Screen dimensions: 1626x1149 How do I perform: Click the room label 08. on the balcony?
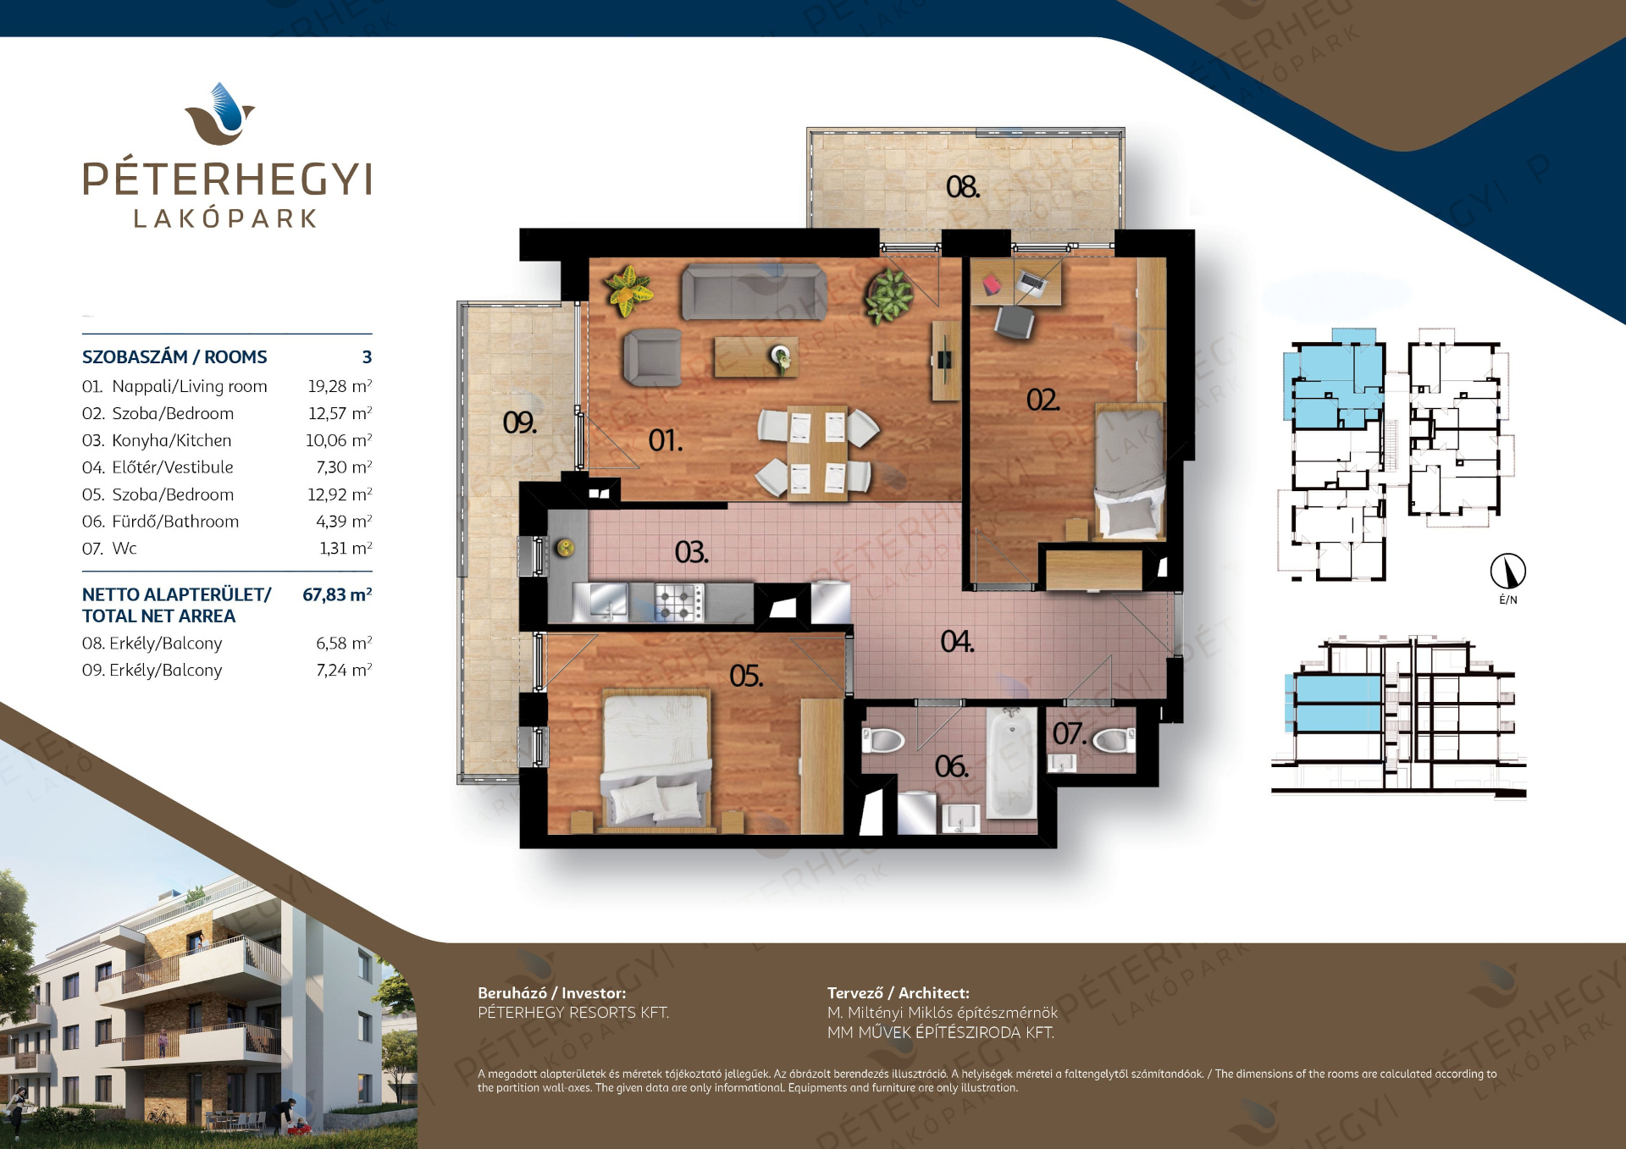[x=963, y=187]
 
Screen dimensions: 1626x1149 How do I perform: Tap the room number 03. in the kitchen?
[x=691, y=553]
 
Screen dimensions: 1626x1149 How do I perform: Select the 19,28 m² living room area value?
[x=340, y=386]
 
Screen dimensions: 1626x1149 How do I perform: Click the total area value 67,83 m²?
[x=337, y=594]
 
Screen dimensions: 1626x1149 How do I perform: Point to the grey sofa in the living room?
[x=754, y=292]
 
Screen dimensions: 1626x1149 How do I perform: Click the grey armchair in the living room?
[x=653, y=358]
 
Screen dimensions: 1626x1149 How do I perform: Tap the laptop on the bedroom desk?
[x=1031, y=283]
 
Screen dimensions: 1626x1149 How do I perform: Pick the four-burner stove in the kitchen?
[x=679, y=602]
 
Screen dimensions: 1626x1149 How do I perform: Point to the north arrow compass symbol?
[x=1508, y=572]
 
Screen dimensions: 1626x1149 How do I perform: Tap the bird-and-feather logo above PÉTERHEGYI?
[x=220, y=113]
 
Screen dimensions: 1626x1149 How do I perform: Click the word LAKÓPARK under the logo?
[x=225, y=218]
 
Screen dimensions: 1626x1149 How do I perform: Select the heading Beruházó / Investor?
[x=552, y=992]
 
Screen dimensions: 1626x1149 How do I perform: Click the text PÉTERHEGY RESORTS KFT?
[x=573, y=1013]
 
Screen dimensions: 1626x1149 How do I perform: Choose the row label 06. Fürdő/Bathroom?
[x=160, y=522]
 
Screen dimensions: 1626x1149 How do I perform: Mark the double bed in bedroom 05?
[x=656, y=759]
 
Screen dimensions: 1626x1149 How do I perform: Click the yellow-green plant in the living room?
[x=629, y=290]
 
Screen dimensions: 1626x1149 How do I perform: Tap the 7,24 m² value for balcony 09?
[x=344, y=671]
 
